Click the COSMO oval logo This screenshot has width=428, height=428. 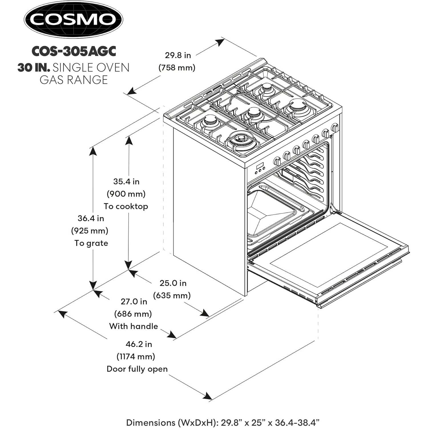click(73, 19)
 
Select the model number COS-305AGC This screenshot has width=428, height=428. click(74, 51)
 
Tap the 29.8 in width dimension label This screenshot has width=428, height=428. click(178, 55)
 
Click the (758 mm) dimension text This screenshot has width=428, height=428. click(177, 68)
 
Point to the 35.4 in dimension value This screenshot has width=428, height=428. click(126, 181)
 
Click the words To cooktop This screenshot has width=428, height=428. click(126, 206)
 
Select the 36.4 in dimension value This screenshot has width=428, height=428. click(91, 218)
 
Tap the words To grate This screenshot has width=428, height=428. click(91, 243)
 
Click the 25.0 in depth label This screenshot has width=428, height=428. click(173, 283)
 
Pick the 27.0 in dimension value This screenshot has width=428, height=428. click(134, 301)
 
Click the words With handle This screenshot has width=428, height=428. click(134, 326)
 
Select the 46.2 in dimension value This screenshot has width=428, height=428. click(139, 344)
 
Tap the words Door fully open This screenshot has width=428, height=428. click(137, 369)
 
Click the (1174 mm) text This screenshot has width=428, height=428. click(136, 356)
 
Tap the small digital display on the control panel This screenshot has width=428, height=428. click(260, 166)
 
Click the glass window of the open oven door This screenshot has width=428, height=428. click(328, 255)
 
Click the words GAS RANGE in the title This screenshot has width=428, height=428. click(74, 80)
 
